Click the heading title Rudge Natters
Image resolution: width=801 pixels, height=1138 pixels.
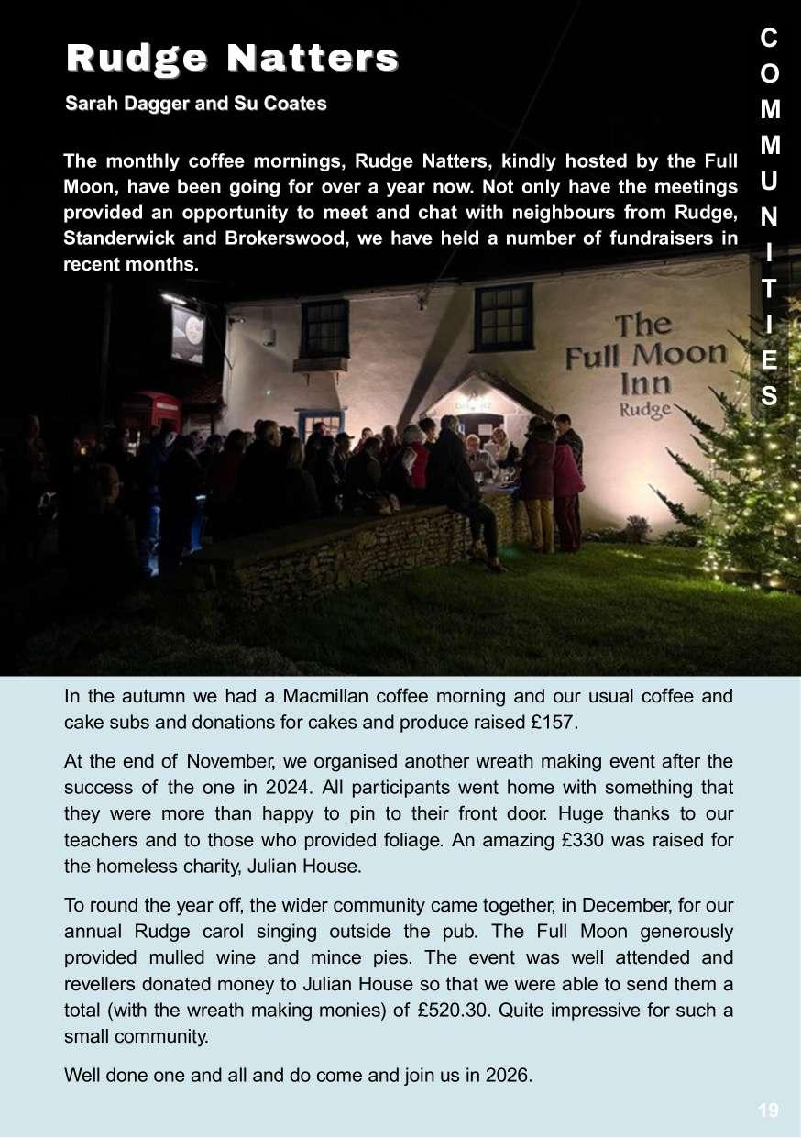click(232, 58)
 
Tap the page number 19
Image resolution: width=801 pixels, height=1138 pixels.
click(768, 1110)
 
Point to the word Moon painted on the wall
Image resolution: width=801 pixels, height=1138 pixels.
click(680, 354)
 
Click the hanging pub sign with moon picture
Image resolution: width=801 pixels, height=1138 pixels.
click(188, 333)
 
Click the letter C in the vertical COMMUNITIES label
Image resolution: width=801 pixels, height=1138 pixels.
click(769, 38)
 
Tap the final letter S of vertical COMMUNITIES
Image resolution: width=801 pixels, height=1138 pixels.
click(770, 396)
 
